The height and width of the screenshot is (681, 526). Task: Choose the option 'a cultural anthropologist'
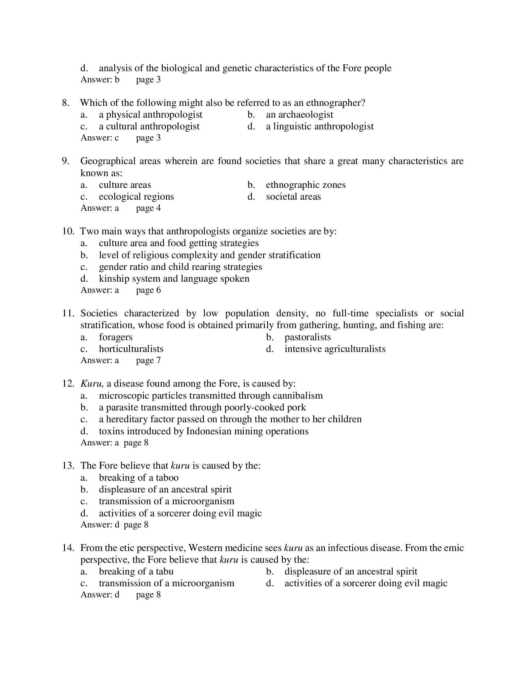coord(149,126)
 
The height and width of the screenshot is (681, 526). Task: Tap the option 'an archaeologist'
coord(299,115)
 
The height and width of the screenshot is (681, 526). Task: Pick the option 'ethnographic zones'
coord(305,185)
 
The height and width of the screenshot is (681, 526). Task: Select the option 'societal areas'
coord(293,197)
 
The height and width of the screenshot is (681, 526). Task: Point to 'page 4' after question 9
coord(148,208)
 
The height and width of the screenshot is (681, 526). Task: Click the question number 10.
coord(68,231)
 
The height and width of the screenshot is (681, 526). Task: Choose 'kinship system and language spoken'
coord(174,279)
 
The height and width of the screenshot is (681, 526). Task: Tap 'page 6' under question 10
coord(148,290)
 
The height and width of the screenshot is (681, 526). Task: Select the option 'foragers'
coord(116,337)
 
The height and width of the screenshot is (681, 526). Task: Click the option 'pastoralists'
coord(307,337)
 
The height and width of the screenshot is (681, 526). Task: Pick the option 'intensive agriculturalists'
coord(335,349)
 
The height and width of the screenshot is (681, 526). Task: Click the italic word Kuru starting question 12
coord(92,384)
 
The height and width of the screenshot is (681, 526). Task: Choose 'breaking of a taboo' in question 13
coord(138,478)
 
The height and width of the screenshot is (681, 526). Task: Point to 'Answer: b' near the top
coord(100,80)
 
